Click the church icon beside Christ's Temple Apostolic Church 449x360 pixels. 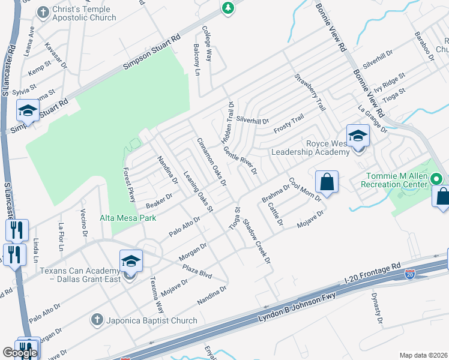click(42, 11)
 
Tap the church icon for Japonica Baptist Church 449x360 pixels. click(97, 320)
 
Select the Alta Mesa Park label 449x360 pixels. click(128, 218)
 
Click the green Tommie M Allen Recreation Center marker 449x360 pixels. click(438, 179)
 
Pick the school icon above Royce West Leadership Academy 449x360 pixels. click(358, 136)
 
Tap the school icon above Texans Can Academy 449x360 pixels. click(131, 260)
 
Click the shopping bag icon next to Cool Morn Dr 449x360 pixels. click(327, 182)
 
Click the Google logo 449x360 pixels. click(20, 353)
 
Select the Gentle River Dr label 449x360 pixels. click(240, 160)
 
